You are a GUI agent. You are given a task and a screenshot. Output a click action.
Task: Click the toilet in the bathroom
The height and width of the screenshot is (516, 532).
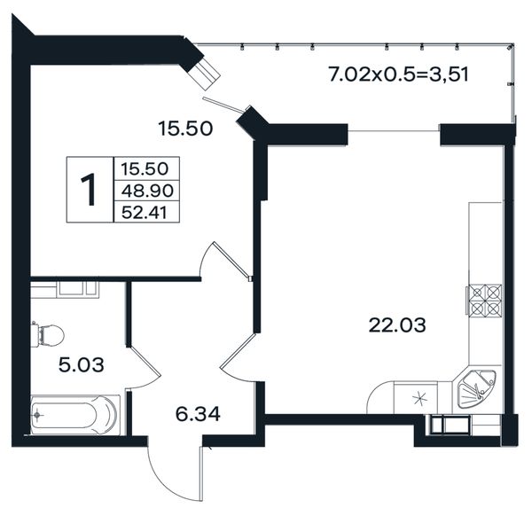pyautogui.click(x=48, y=335)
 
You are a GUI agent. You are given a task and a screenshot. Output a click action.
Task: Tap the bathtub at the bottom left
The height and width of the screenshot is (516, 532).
pyautogui.click(x=75, y=415)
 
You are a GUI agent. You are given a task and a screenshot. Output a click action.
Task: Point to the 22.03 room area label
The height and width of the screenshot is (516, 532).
pyautogui.click(x=397, y=325)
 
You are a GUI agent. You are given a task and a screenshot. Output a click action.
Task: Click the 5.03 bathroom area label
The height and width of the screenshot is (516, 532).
pyautogui.click(x=82, y=365)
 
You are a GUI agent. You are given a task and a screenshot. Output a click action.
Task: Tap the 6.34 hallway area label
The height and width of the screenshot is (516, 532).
pyautogui.click(x=198, y=414)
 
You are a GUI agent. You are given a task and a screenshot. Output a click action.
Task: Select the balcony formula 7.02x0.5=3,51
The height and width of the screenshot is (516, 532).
pyautogui.click(x=399, y=74)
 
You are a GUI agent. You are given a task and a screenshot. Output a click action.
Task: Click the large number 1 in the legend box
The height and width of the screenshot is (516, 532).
pyautogui.click(x=90, y=190)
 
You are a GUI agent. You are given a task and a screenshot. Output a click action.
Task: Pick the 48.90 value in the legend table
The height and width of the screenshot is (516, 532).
pyautogui.click(x=147, y=191)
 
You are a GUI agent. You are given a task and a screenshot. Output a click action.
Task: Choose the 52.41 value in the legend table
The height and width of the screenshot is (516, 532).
pyautogui.click(x=145, y=213)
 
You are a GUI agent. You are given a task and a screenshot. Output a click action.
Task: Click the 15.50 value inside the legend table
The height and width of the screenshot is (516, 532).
pyautogui.click(x=145, y=168)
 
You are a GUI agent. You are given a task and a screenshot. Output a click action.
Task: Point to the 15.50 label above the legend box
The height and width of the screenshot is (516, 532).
pyautogui.click(x=185, y=129)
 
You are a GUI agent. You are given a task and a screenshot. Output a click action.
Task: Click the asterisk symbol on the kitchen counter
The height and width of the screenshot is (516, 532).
pyautogui.click(x=420, y=398)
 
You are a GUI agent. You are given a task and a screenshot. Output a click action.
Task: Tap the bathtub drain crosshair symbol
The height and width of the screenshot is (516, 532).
pyautogui.click(x=37, y=415)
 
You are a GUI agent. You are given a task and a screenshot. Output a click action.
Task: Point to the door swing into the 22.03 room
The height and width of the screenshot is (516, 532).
pyautogui.click(x=238, y=360)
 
